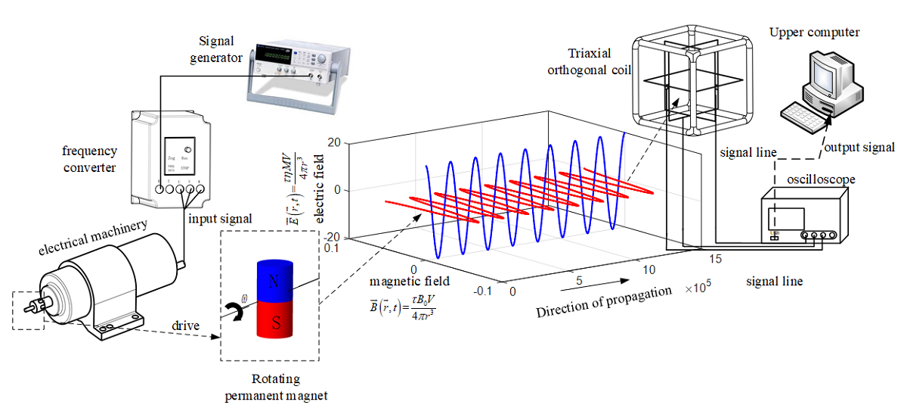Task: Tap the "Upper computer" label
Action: [814, 32]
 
